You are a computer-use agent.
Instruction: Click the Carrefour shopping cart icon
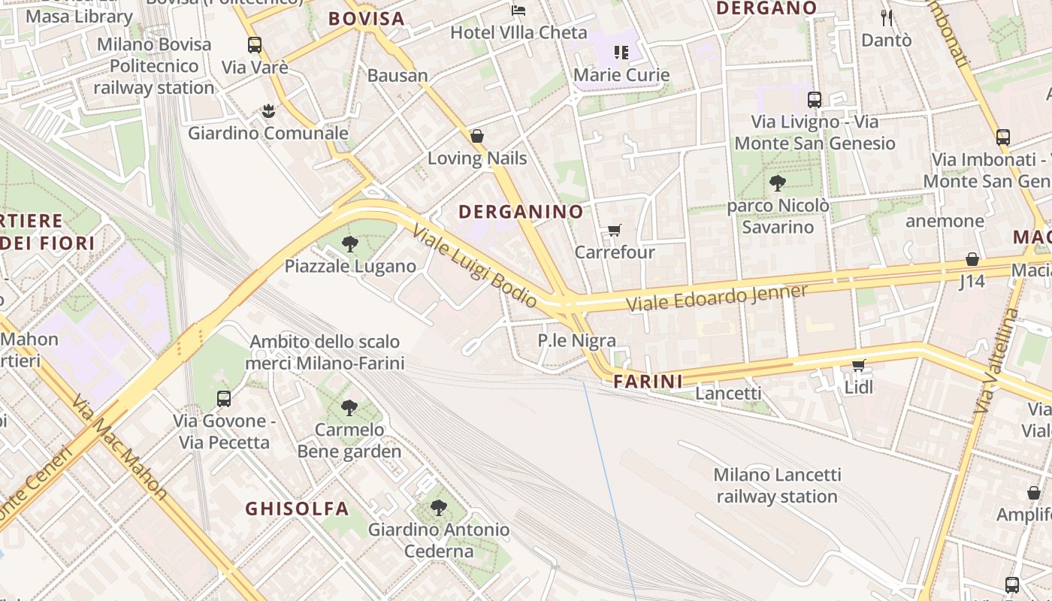(615, 230)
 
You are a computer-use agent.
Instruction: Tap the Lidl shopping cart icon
(858, 365)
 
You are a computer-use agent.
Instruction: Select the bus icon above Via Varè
(255, 45)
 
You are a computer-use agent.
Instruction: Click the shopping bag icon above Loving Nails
(476, 136)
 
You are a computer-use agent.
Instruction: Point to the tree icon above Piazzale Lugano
(349, 243)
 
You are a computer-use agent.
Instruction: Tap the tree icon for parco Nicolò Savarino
(778, 183)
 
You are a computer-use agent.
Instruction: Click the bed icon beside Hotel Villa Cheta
(518, 10)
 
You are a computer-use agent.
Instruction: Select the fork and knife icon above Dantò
(887, 17)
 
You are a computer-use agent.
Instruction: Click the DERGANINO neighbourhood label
(521, 212)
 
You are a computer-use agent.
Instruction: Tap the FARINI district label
(648, 382)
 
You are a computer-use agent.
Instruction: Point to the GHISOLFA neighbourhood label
(297, 509)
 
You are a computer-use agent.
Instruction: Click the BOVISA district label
(366, 19)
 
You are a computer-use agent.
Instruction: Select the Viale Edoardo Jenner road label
(717, 297)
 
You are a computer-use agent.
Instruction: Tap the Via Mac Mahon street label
(119, 446)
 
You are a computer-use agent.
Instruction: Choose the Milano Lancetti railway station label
(777, 485)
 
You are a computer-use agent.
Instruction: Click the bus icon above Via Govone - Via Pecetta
(224, 399)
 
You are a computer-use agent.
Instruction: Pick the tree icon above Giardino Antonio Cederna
(439, 508)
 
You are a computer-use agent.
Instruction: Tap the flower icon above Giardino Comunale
(268, 112)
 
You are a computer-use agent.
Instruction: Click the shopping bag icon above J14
(972, 259)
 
